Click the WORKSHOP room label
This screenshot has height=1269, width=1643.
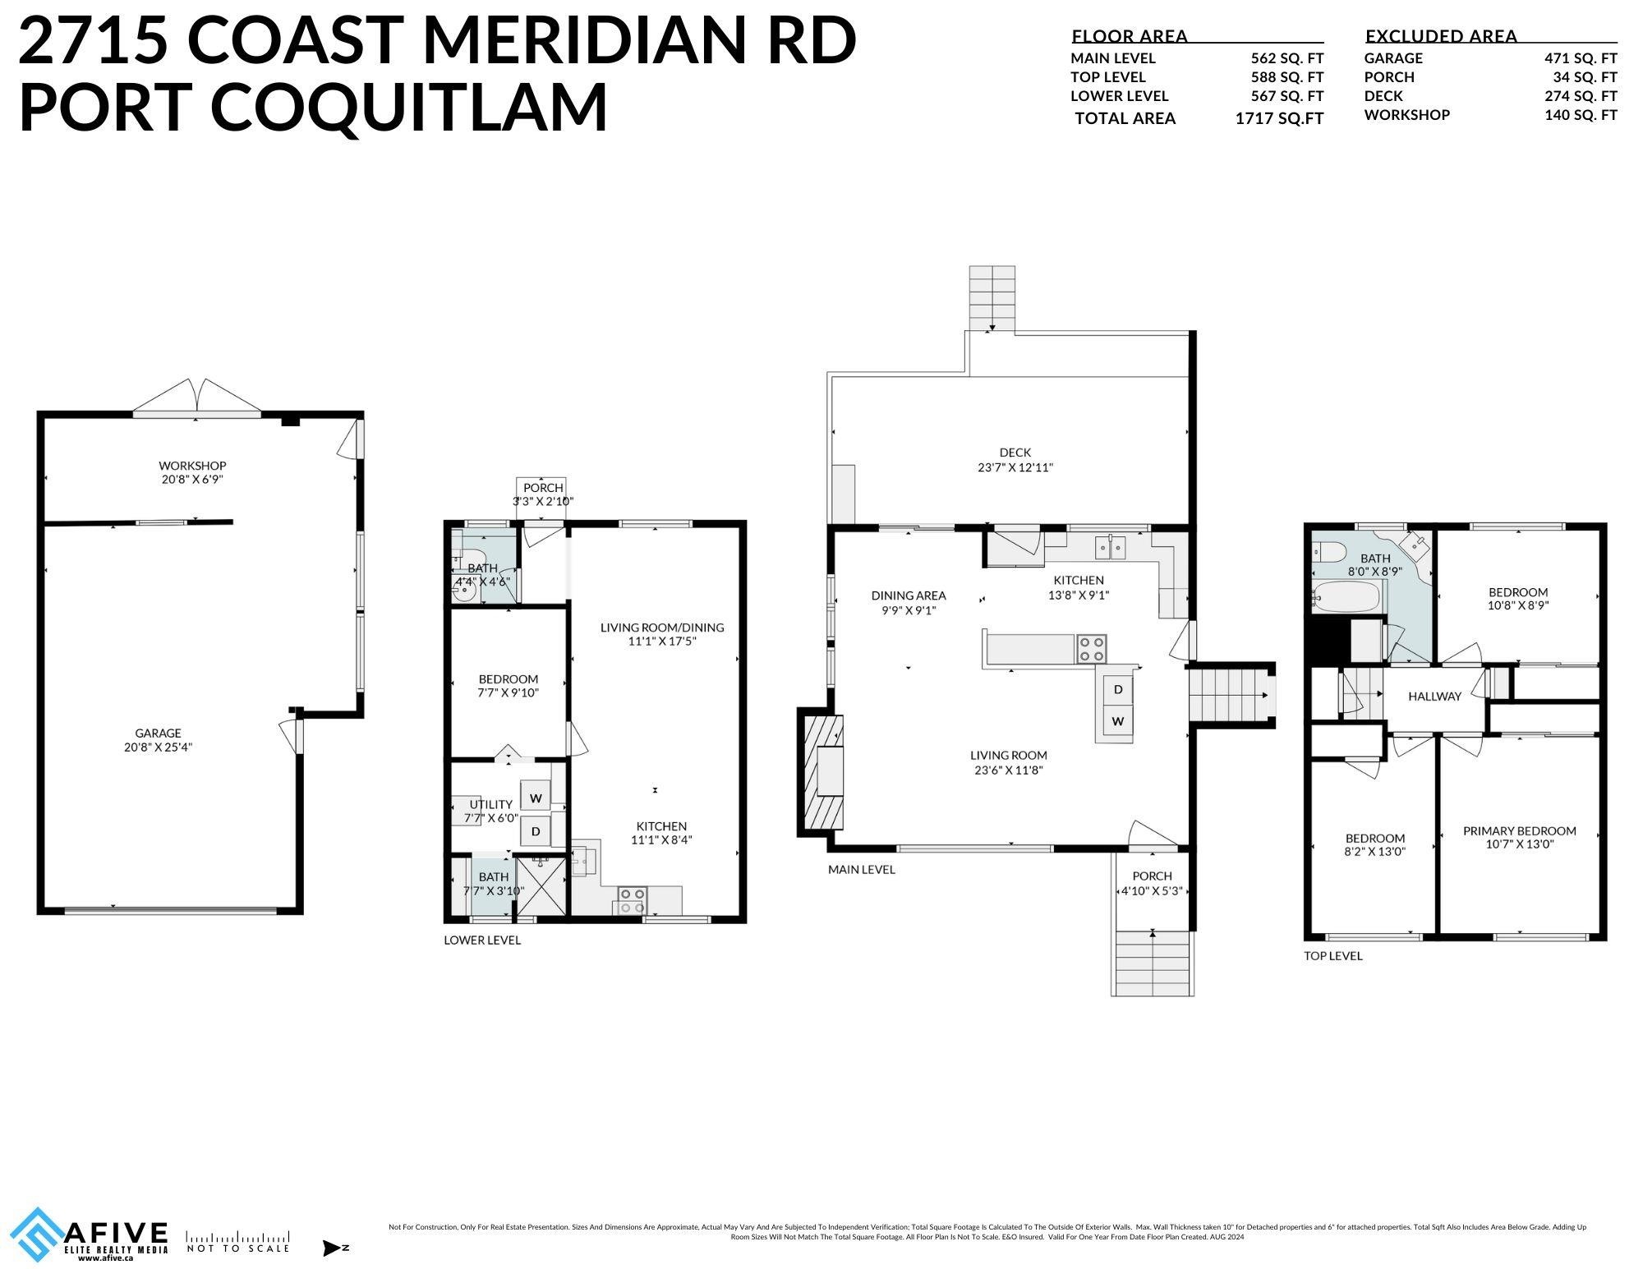(x=192, y=466)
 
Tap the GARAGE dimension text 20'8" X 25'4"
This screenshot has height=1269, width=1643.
(x=158, y=747)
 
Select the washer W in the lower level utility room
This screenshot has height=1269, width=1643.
(x=536, y=798)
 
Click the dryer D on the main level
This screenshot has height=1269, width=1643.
(x=1118, y=690)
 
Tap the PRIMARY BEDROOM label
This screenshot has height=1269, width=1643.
(x=1519, y=830)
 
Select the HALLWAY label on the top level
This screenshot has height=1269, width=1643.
(x=1434, y=697)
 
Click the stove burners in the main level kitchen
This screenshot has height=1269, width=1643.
(x=1092, y=649)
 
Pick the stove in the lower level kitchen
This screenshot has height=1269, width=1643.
(x=631, y=900)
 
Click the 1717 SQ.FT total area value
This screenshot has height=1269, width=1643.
(x=1279, y=118)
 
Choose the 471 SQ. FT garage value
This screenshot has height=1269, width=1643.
(x=1581, y=58)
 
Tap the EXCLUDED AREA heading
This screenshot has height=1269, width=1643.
(x=1441, y=36)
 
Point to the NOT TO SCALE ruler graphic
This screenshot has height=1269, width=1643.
(x=237, y=1236)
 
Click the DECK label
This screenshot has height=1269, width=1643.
(x=1015, y=453)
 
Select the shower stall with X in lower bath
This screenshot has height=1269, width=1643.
(x=541, y=885)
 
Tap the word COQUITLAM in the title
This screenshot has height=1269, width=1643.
(x=409, y=106)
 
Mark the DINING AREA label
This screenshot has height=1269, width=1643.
(x=908, y=595)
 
